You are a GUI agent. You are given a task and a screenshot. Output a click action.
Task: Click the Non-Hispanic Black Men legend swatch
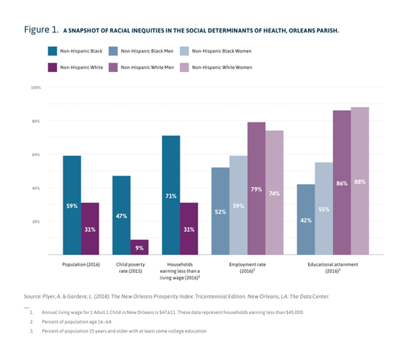[111, 51]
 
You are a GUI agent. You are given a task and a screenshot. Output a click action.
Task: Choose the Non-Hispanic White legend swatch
[53, 67]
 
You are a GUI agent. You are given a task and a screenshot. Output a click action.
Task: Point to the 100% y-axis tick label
[35, 87]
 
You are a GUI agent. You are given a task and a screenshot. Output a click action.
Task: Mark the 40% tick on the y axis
[36, 188]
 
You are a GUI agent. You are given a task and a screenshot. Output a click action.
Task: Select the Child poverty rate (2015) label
[130, 268]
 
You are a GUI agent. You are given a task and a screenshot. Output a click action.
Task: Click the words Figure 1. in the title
[40, 30]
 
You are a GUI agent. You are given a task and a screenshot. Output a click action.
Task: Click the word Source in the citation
[34, 295]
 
